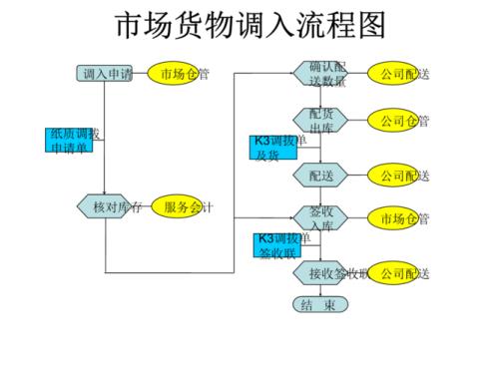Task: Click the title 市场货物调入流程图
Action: [x=249, y=25]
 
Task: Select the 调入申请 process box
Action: [x=105, y=74]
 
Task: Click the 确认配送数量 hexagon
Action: [x=319, y=74]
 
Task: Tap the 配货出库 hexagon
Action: [x=319, y=122]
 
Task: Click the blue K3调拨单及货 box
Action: [x=272, y=148]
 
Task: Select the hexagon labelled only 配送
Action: [x=319, y=176]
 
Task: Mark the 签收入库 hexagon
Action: [x=319, y=218]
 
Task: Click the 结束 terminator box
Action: [x=319, y=304]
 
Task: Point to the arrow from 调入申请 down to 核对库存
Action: [x=105, y=140]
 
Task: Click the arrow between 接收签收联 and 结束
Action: [x=319, y=290]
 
